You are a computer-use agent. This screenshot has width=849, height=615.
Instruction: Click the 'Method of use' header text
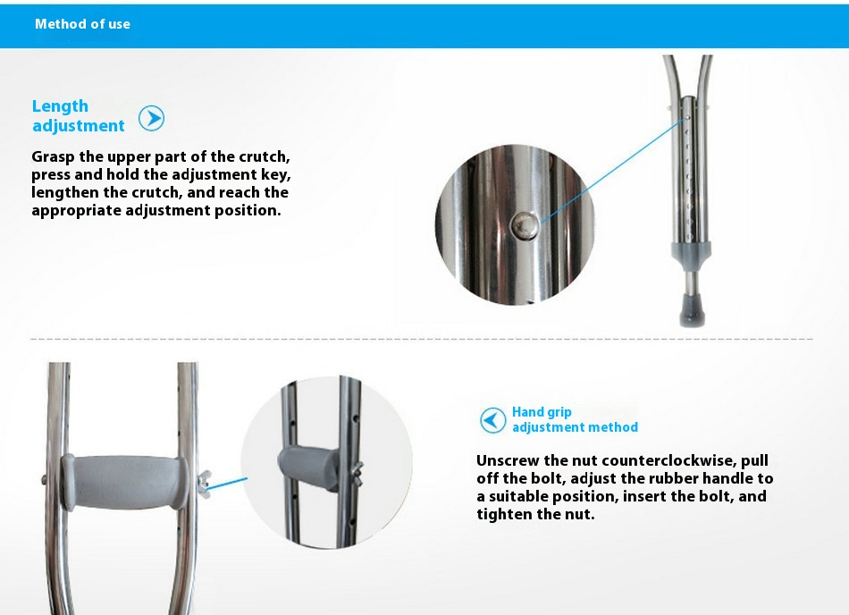coord(82,24)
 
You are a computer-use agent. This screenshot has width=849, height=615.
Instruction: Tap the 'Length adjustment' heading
coord(78,116)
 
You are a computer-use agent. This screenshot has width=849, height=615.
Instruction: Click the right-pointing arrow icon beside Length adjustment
coord(151,118)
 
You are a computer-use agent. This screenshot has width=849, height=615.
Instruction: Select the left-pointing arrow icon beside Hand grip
coord(492,420)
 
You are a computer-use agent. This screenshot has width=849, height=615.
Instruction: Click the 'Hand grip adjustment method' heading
coord(575,419)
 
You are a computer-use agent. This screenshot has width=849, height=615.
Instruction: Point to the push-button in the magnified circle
coord(525,224)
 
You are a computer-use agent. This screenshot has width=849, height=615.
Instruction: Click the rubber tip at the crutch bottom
coord(692,309)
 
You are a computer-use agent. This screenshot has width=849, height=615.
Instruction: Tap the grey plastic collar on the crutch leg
coord(692,253)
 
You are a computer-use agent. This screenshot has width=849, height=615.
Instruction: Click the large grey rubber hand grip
coord(126,483)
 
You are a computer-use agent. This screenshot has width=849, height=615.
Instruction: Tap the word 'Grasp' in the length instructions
coord(53,157)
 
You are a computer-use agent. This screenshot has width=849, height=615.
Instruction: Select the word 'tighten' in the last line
coord(504,514)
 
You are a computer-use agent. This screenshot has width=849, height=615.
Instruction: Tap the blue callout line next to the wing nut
coord(227,484)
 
